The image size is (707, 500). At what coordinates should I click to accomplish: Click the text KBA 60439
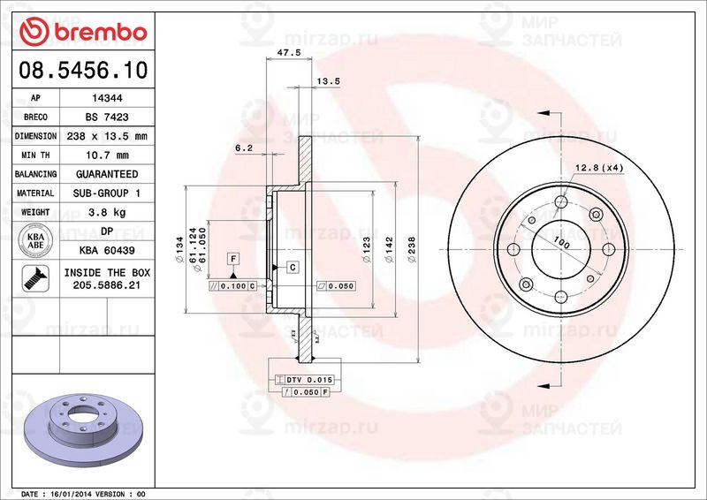[107, 250]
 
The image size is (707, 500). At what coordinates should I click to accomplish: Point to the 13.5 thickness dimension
[328, 81]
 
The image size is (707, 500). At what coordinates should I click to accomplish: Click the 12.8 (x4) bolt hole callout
[600, 167]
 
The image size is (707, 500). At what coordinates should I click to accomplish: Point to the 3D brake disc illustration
[85, 425]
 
